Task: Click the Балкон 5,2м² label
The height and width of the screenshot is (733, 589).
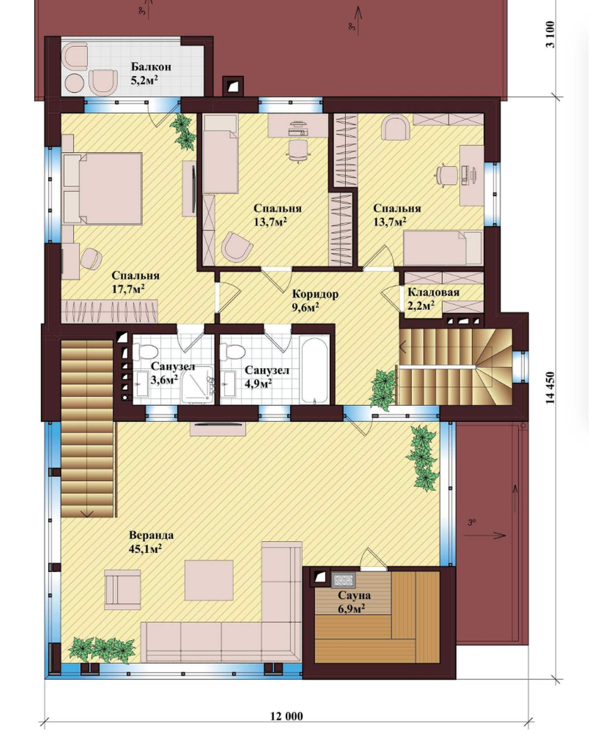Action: (x=151, y=74)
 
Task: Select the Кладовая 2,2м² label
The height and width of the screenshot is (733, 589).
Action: (x=433, y=299)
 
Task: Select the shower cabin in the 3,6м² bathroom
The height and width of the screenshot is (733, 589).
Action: (x=198, y=385)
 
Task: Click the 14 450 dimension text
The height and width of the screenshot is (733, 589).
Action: (x=550, y=387)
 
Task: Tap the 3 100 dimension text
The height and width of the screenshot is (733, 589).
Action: (x=550, y=35)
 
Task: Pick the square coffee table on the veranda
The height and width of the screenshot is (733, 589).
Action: (x=209, y=580)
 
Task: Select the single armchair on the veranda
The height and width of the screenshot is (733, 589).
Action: (x=123, y=589)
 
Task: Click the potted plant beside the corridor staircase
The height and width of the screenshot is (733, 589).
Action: (x=383, y=390)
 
